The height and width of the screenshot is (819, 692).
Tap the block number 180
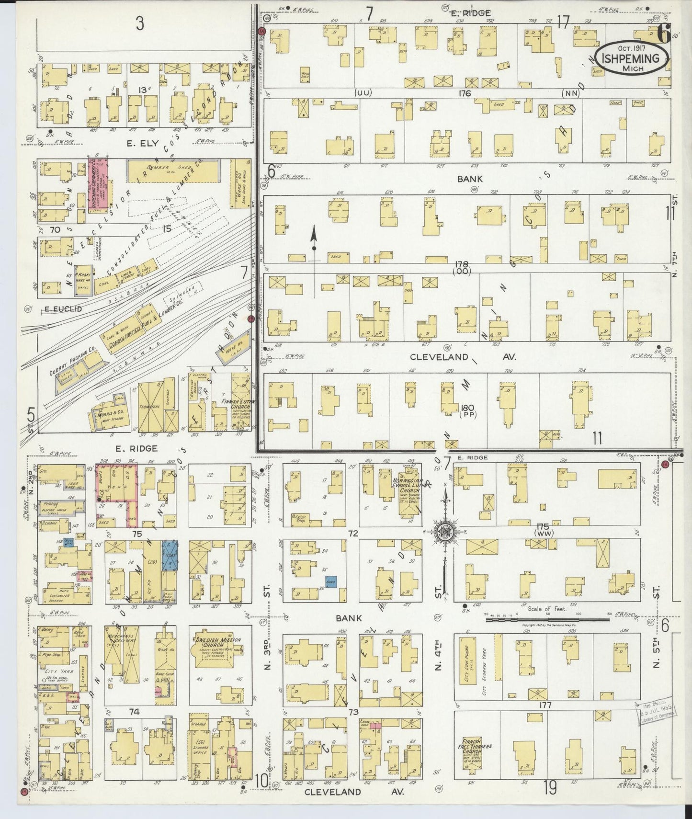(467, 408)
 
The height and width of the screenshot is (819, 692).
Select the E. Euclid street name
(63, 309)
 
